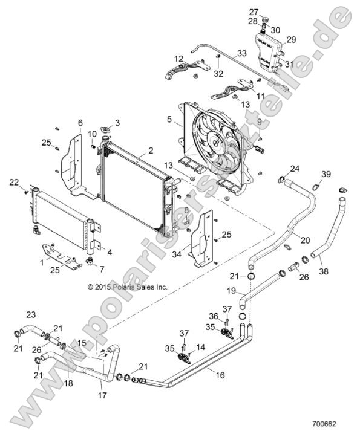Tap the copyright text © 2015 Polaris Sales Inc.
(x=127, y=287)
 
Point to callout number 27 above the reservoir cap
(x=254, y=11)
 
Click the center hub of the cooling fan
(x=216, y=140)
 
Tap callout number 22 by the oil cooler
(x=15, y=182)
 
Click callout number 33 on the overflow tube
(x=241, y=54)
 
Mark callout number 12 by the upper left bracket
(x=179, y=59)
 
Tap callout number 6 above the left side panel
(x=80, y=123)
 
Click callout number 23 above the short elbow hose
(x=31, y=314)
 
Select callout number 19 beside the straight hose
(x=231, y=290)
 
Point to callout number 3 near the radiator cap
(x=117, y=123)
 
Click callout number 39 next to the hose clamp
(x=326, y=175)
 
